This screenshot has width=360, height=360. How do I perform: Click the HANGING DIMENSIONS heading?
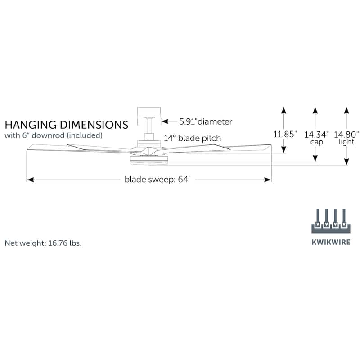[66, 124]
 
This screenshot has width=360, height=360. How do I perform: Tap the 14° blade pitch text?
[192, 138]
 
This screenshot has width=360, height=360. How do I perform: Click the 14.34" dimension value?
[317, 134]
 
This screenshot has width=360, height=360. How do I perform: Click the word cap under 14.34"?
[316, 142]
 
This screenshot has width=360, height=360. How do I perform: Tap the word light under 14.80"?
[346, 142]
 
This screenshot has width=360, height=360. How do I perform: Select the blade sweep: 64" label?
[158, 180]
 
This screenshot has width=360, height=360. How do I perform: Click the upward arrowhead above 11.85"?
[283, 110]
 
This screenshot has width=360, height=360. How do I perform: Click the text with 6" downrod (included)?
[54, 135]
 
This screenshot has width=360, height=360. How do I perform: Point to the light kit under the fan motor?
[149, 160]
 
